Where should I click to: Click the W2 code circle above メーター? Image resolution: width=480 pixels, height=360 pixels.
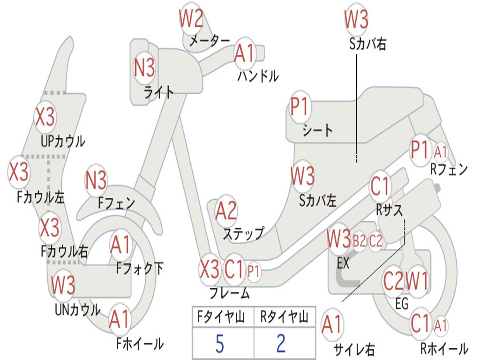[x=191, y=18]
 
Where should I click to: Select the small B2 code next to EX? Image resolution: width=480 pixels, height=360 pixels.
[x=360, y=241]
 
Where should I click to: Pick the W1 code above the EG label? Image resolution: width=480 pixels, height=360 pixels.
[x=417, y=281]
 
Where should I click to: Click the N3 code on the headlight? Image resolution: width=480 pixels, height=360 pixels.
[x=144, y=67]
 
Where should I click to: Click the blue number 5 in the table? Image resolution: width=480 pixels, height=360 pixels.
[x=220, y=344]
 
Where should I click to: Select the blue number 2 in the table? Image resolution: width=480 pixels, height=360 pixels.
[x=281, y=344]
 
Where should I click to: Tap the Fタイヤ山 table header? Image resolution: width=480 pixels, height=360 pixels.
[x=221, y=317]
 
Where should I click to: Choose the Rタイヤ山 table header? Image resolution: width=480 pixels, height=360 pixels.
[x=284, y=317]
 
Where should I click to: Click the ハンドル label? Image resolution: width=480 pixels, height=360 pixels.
[x=258, y=76]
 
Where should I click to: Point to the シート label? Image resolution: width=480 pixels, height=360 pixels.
[x=317, y=130]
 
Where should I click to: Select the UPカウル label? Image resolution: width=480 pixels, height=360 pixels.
[x=63, y=142]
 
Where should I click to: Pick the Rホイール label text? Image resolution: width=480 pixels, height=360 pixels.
[x=444, y=348]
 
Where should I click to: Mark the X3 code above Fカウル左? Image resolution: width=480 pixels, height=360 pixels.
[x=19, y=172]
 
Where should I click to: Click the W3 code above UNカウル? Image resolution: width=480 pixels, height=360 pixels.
[x=63, y=285]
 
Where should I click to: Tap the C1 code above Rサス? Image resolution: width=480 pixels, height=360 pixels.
[x=380, y=186]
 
